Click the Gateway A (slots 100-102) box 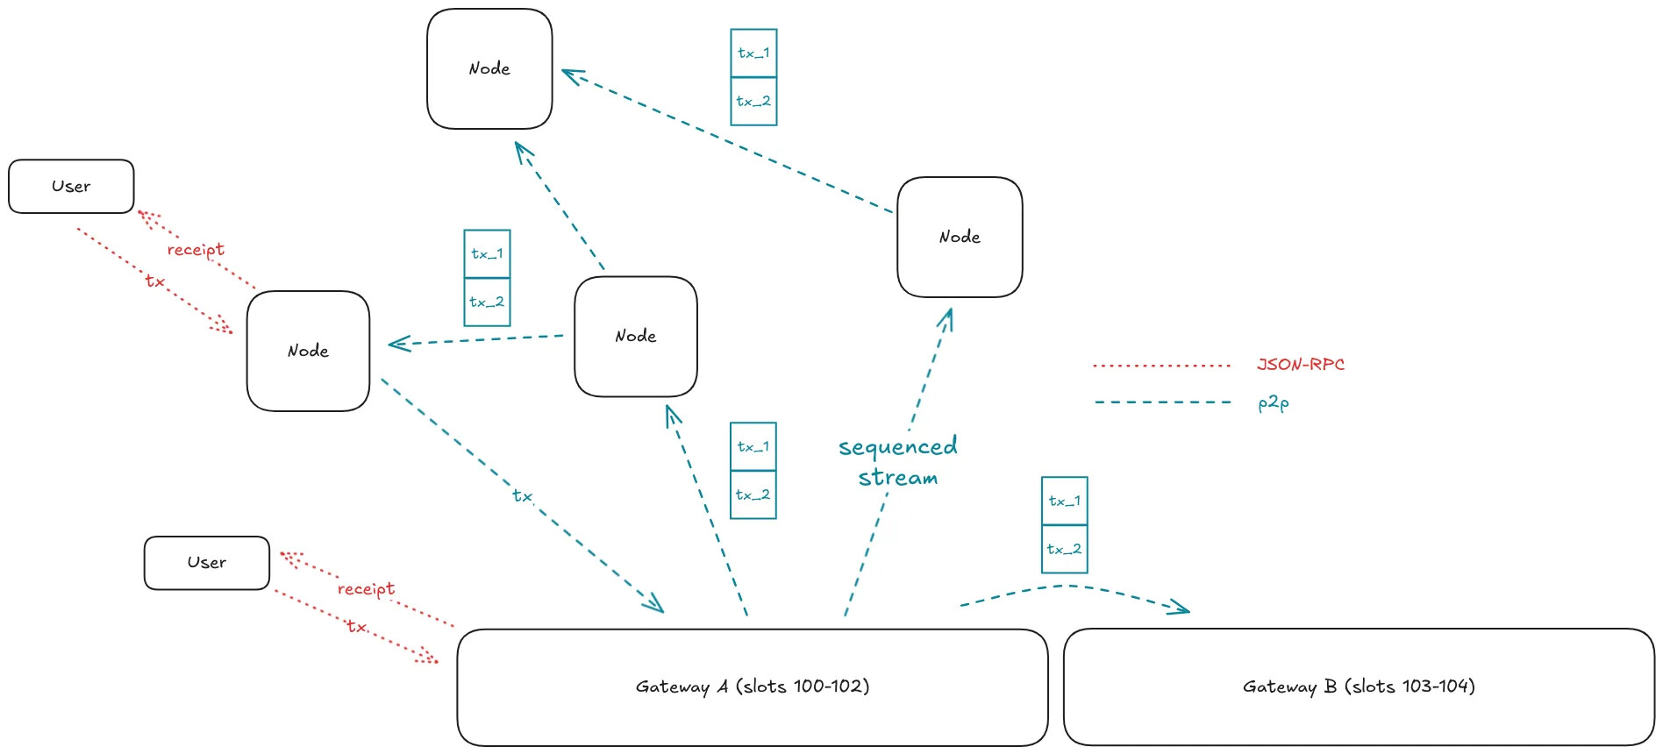(752, 686)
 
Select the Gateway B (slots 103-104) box (1358, 686)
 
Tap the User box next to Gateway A (207, 563)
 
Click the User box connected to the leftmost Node (71, 186)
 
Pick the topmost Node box (489, 68)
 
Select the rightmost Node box (960, 237)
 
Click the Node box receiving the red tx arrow (308, 351)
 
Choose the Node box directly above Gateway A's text (635, 336)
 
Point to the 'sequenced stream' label (897, 461)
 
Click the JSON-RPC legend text (1300, 364)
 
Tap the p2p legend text (1273, 402)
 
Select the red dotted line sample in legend (1161, 365)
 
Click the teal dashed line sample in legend (1162, 402)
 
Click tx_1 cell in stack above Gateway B (1064, 501)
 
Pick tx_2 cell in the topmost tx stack (753, 101)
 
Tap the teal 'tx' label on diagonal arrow (522, 495)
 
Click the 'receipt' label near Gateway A (366, 588)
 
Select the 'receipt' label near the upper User (196, 250)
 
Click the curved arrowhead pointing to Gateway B (1180, 607)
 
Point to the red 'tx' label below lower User (355, 626)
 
